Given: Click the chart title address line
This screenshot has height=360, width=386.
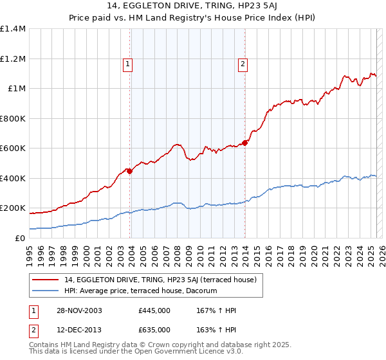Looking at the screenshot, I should click(193, 7).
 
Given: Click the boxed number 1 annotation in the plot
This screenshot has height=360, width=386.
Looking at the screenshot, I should click(128, 64).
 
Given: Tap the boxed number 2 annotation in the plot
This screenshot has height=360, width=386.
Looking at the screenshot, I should click(243, 64).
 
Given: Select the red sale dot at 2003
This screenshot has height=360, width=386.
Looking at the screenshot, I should click(130, 171).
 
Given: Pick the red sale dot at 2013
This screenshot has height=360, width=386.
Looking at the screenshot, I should click(245, 143).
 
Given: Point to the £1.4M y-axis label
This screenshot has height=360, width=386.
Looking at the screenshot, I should click(13, 29).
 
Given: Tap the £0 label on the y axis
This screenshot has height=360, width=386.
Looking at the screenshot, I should click(21, 238).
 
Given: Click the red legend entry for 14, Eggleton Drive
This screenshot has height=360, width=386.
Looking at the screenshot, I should click(160, 280).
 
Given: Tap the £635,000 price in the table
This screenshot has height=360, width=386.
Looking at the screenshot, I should click(154, 329).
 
